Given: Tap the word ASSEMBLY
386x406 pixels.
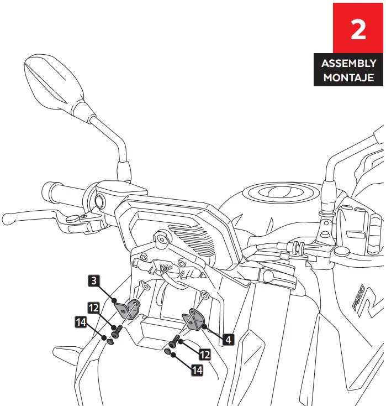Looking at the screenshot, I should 349,63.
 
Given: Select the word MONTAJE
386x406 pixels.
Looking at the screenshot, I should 349,77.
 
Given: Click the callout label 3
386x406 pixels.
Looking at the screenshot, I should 94,281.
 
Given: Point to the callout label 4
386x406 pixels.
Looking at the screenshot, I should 226,339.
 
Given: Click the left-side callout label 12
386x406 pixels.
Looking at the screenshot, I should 94,307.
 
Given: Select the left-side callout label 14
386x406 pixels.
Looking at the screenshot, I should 82,321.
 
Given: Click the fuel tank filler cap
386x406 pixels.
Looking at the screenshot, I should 274,193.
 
